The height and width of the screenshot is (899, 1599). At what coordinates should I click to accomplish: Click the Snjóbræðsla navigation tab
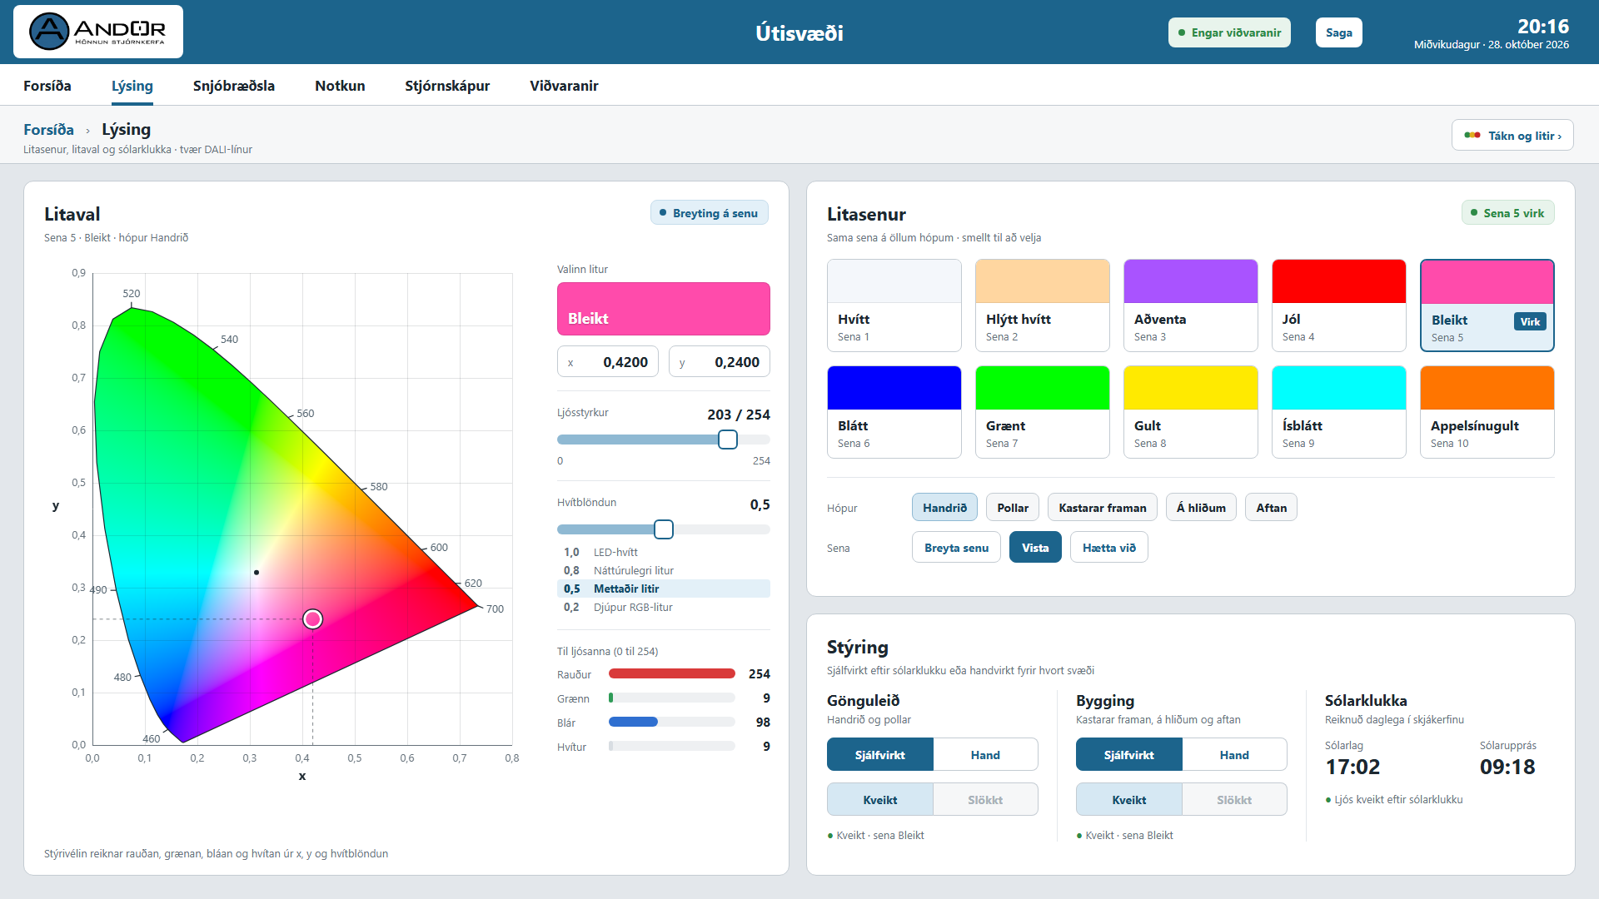pos(234,86)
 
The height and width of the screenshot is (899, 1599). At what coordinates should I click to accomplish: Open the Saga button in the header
pos(1338,32)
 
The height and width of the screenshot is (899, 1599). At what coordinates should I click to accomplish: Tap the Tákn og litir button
pos(1512,135)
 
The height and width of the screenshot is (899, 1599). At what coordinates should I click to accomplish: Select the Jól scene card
pos(1338,305)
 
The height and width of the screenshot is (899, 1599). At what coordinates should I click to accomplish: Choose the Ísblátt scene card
pos(1338,412)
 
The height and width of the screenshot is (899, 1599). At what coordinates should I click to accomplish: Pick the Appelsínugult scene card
pos(1487,412)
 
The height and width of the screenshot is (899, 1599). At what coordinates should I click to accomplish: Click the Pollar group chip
pos(1013,508)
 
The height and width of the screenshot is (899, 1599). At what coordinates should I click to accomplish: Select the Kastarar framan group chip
pos(1103,508)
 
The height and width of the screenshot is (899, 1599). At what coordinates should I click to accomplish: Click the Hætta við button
pos(1109,548)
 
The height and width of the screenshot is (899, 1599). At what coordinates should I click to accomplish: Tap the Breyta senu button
pos(956,548)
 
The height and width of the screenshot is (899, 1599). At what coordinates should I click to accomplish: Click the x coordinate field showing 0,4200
pos(608,362)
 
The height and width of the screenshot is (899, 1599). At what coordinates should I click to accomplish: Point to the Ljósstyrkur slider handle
pos(728,440)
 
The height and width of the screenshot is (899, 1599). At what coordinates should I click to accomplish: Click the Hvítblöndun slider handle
pos(664,529)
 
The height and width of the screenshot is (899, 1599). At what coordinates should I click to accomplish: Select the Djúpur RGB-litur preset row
pos(664,607)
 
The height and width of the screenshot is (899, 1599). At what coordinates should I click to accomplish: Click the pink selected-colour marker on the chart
pos(313,618)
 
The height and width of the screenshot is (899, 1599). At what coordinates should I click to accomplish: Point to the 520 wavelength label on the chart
pos(132,294)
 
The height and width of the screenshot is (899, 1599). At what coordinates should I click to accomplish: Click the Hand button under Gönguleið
pos(985,755)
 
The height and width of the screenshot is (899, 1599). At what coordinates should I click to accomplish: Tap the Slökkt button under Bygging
pos(1234,800)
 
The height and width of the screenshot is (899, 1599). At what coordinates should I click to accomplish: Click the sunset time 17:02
pos(1352,767)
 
